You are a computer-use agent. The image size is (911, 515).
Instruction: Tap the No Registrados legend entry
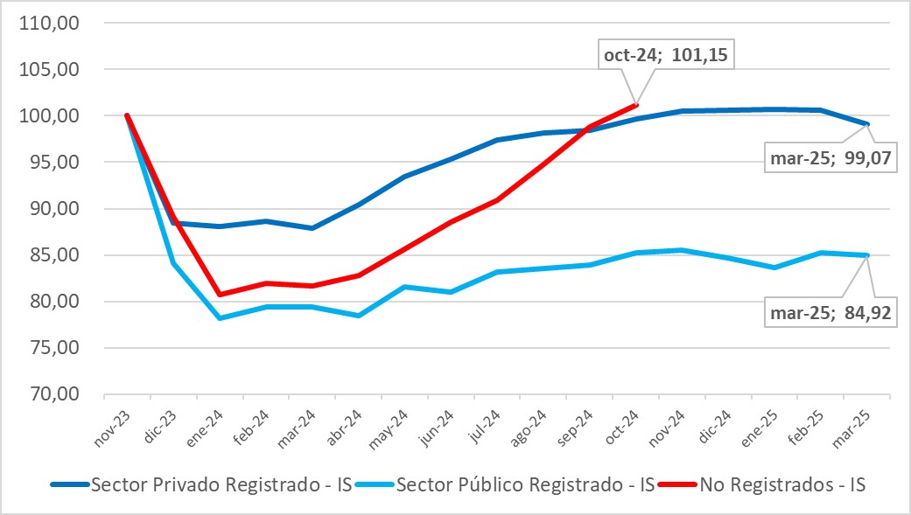[782, 484]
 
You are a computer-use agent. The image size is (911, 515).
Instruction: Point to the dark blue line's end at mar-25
[868, 124]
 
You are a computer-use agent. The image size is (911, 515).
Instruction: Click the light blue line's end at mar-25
[868, 255]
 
